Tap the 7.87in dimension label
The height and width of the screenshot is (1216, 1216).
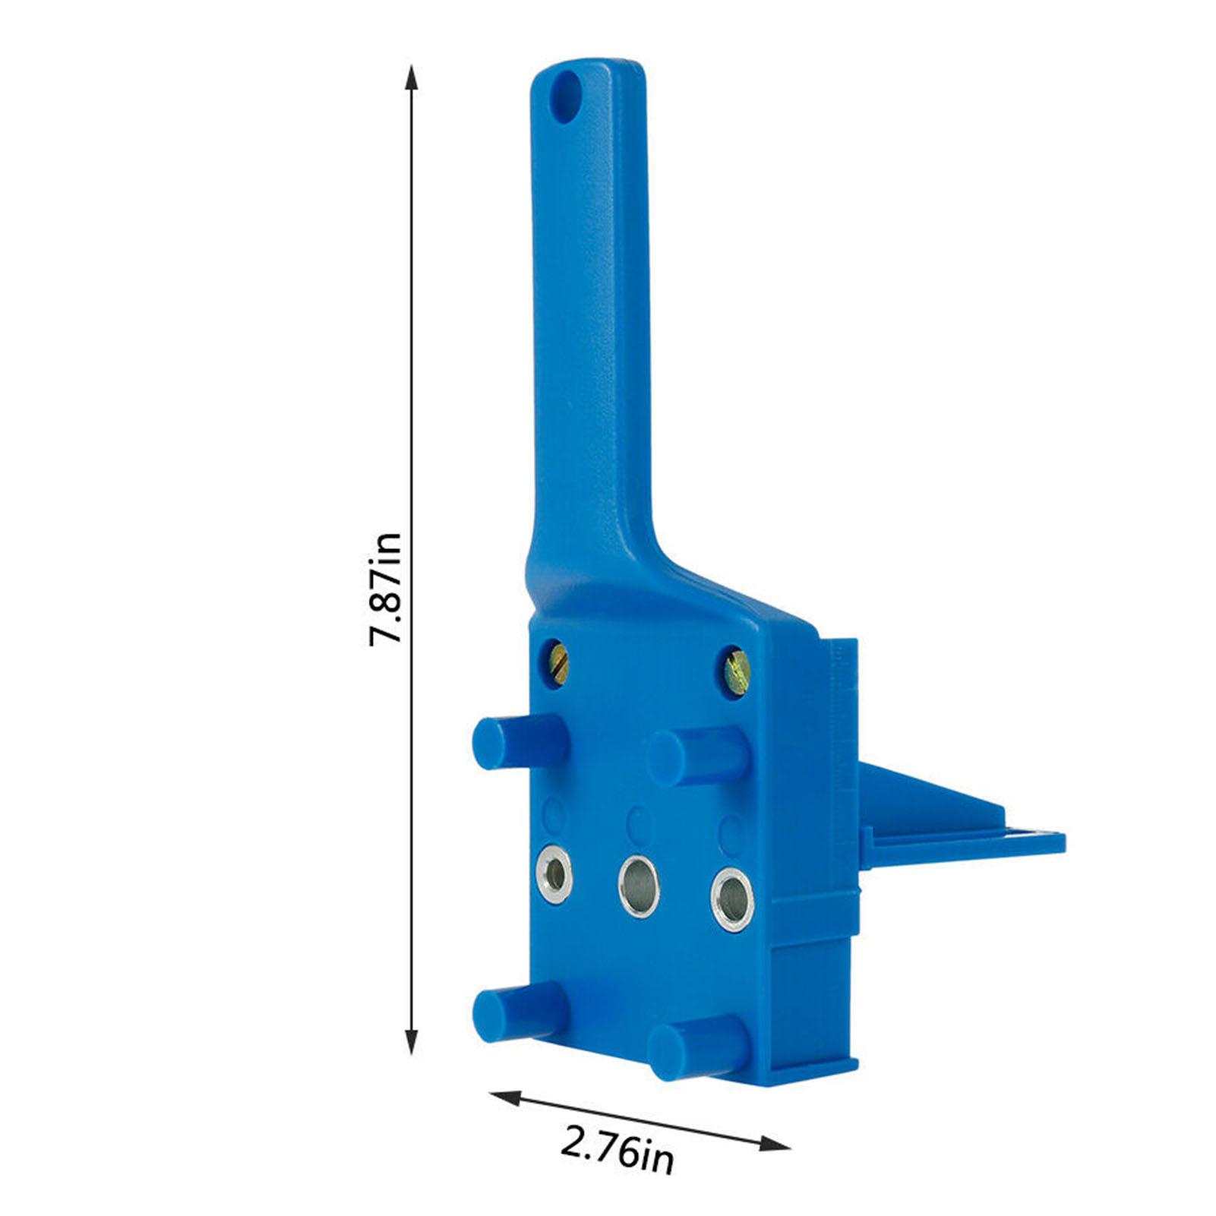[x=385, y=589]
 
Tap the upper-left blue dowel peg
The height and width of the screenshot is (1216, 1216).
[x=520, y=741]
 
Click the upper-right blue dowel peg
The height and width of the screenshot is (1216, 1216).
[x=700, y=755]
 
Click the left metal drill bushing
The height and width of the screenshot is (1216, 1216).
[x=554, y=875]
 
